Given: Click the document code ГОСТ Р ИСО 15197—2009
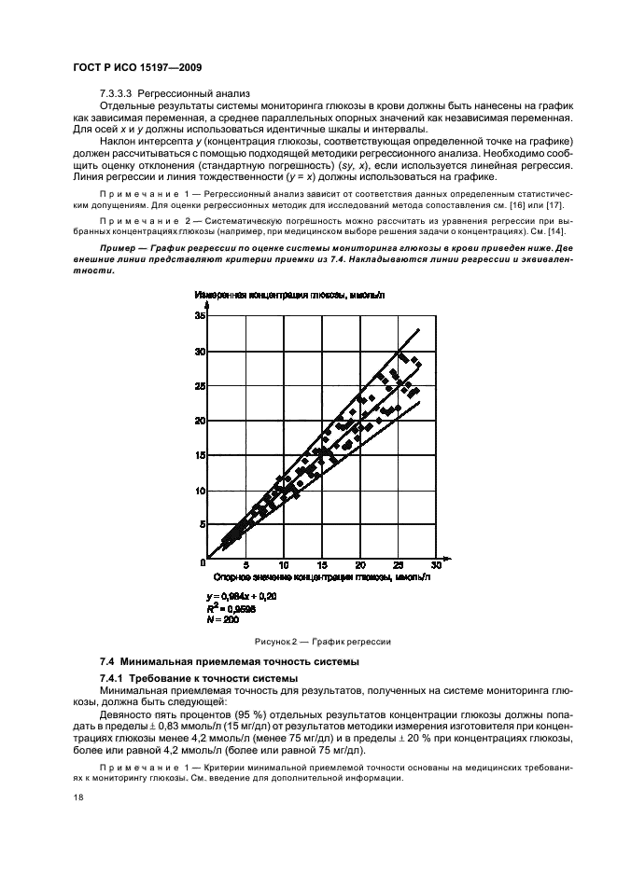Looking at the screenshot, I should pyautogui.click(x=136, y=69).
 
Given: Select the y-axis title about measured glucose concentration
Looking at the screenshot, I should pyautogui.click(x=285, y=296).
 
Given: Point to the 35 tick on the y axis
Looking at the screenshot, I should pyautogui.click(x=199, y=316).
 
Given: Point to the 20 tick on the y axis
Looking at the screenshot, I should pyautogui.click(x=199, y=421).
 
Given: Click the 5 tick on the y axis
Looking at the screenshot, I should pyautogui.click(x=202, y=525).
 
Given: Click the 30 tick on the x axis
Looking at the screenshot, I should pyautogui.click(x=435, y=566).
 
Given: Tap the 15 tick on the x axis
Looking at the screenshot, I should pyautogui.click(x=321, y=566).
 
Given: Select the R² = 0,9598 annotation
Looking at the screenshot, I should pyautogui.click(x=229, y=606).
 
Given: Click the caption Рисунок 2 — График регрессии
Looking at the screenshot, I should pyautogui.click(x=322, y=643).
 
